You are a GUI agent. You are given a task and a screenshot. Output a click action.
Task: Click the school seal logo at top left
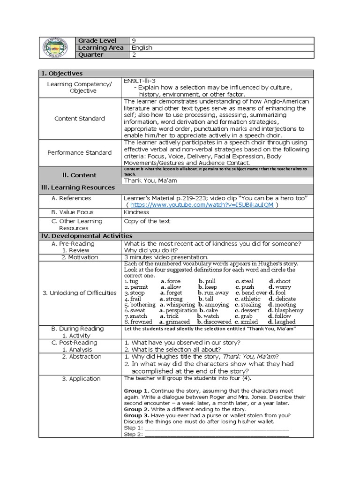click(57, 48)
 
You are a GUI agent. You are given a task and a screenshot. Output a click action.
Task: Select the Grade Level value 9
click(134, 40)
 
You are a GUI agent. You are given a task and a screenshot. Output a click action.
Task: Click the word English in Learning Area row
click(142, 48)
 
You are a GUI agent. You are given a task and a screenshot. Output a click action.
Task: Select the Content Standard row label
click(80, 119)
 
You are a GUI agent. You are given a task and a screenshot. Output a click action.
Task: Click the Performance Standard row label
click(80, 152)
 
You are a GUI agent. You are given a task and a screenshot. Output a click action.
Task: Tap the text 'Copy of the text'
click(147, 221)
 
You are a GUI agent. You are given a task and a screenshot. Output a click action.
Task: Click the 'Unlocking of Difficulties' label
click(80, 293)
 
